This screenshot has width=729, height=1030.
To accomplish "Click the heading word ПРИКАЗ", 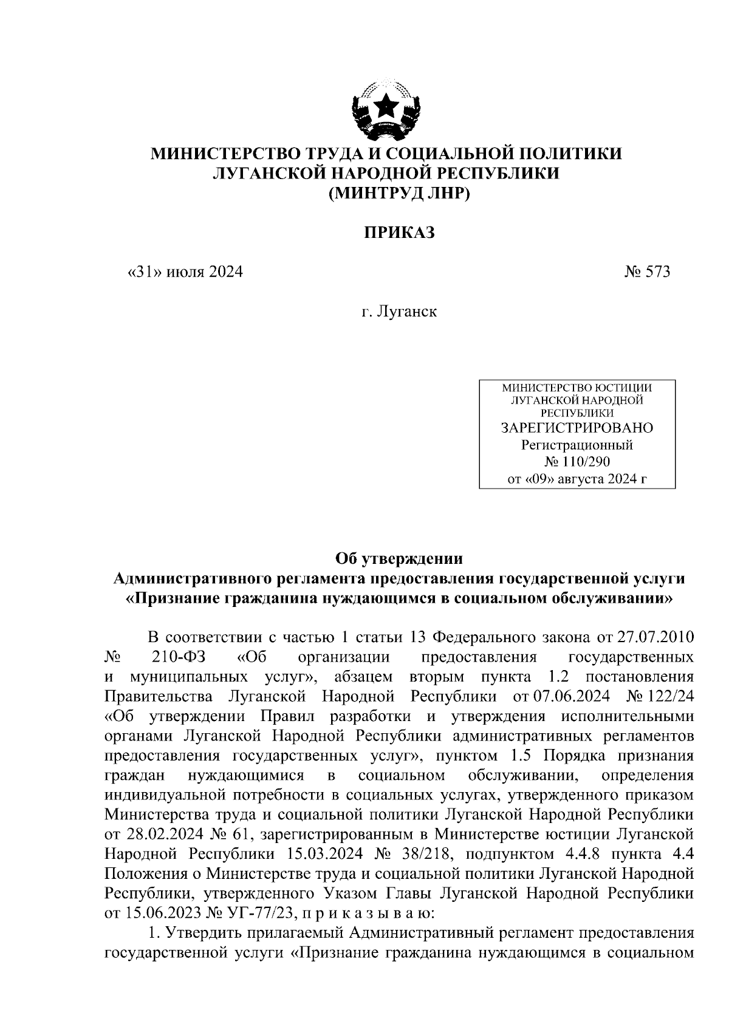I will click(x=399, y=232).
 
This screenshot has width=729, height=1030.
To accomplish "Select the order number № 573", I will click(x=647, y=271).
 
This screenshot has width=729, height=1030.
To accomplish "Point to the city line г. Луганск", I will click(x=399, y=312).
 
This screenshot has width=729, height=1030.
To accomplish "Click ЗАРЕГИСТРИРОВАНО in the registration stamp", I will click(x=577, y=428).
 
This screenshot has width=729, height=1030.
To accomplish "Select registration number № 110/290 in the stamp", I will click(x=577, y=462).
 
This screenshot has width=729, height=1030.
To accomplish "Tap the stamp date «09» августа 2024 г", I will click(x=577, y=479).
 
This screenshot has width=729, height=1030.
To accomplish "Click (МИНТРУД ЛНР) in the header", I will click(x=399, y=194).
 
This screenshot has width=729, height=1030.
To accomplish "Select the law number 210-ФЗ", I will click(x=176, y=657).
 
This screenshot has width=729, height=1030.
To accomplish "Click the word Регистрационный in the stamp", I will click(x=577, y=445).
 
